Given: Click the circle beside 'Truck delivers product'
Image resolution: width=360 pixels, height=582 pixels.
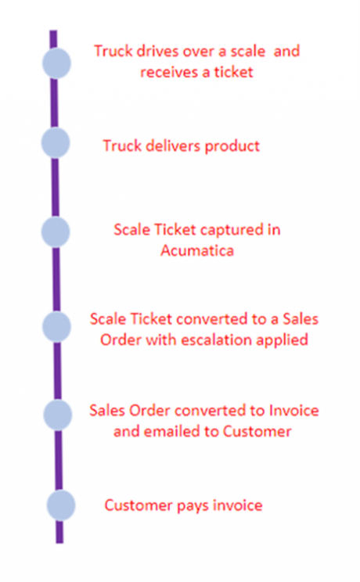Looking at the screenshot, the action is pos(56,142).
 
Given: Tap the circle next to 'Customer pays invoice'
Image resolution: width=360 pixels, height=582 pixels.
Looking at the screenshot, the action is pos(61,505).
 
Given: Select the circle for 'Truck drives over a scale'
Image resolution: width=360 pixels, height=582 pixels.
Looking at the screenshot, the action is pos(56,63).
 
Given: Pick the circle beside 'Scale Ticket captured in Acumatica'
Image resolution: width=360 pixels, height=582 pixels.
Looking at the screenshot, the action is pos(56,232).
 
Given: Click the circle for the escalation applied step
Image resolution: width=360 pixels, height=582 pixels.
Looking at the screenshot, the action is pos(56,327).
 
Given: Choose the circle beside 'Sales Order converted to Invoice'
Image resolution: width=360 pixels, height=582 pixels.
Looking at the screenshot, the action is pos(58,415).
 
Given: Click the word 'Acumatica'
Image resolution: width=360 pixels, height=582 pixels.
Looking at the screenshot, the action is pos(197,250).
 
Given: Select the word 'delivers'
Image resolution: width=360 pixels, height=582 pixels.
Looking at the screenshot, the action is pos(174,145).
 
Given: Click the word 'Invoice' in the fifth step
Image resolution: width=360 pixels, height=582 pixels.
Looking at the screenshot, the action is pos(294,410).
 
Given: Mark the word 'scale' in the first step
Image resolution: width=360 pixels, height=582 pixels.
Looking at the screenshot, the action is pos(248,51).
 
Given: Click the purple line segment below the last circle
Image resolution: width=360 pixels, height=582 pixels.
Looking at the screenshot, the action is pos(59,532).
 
